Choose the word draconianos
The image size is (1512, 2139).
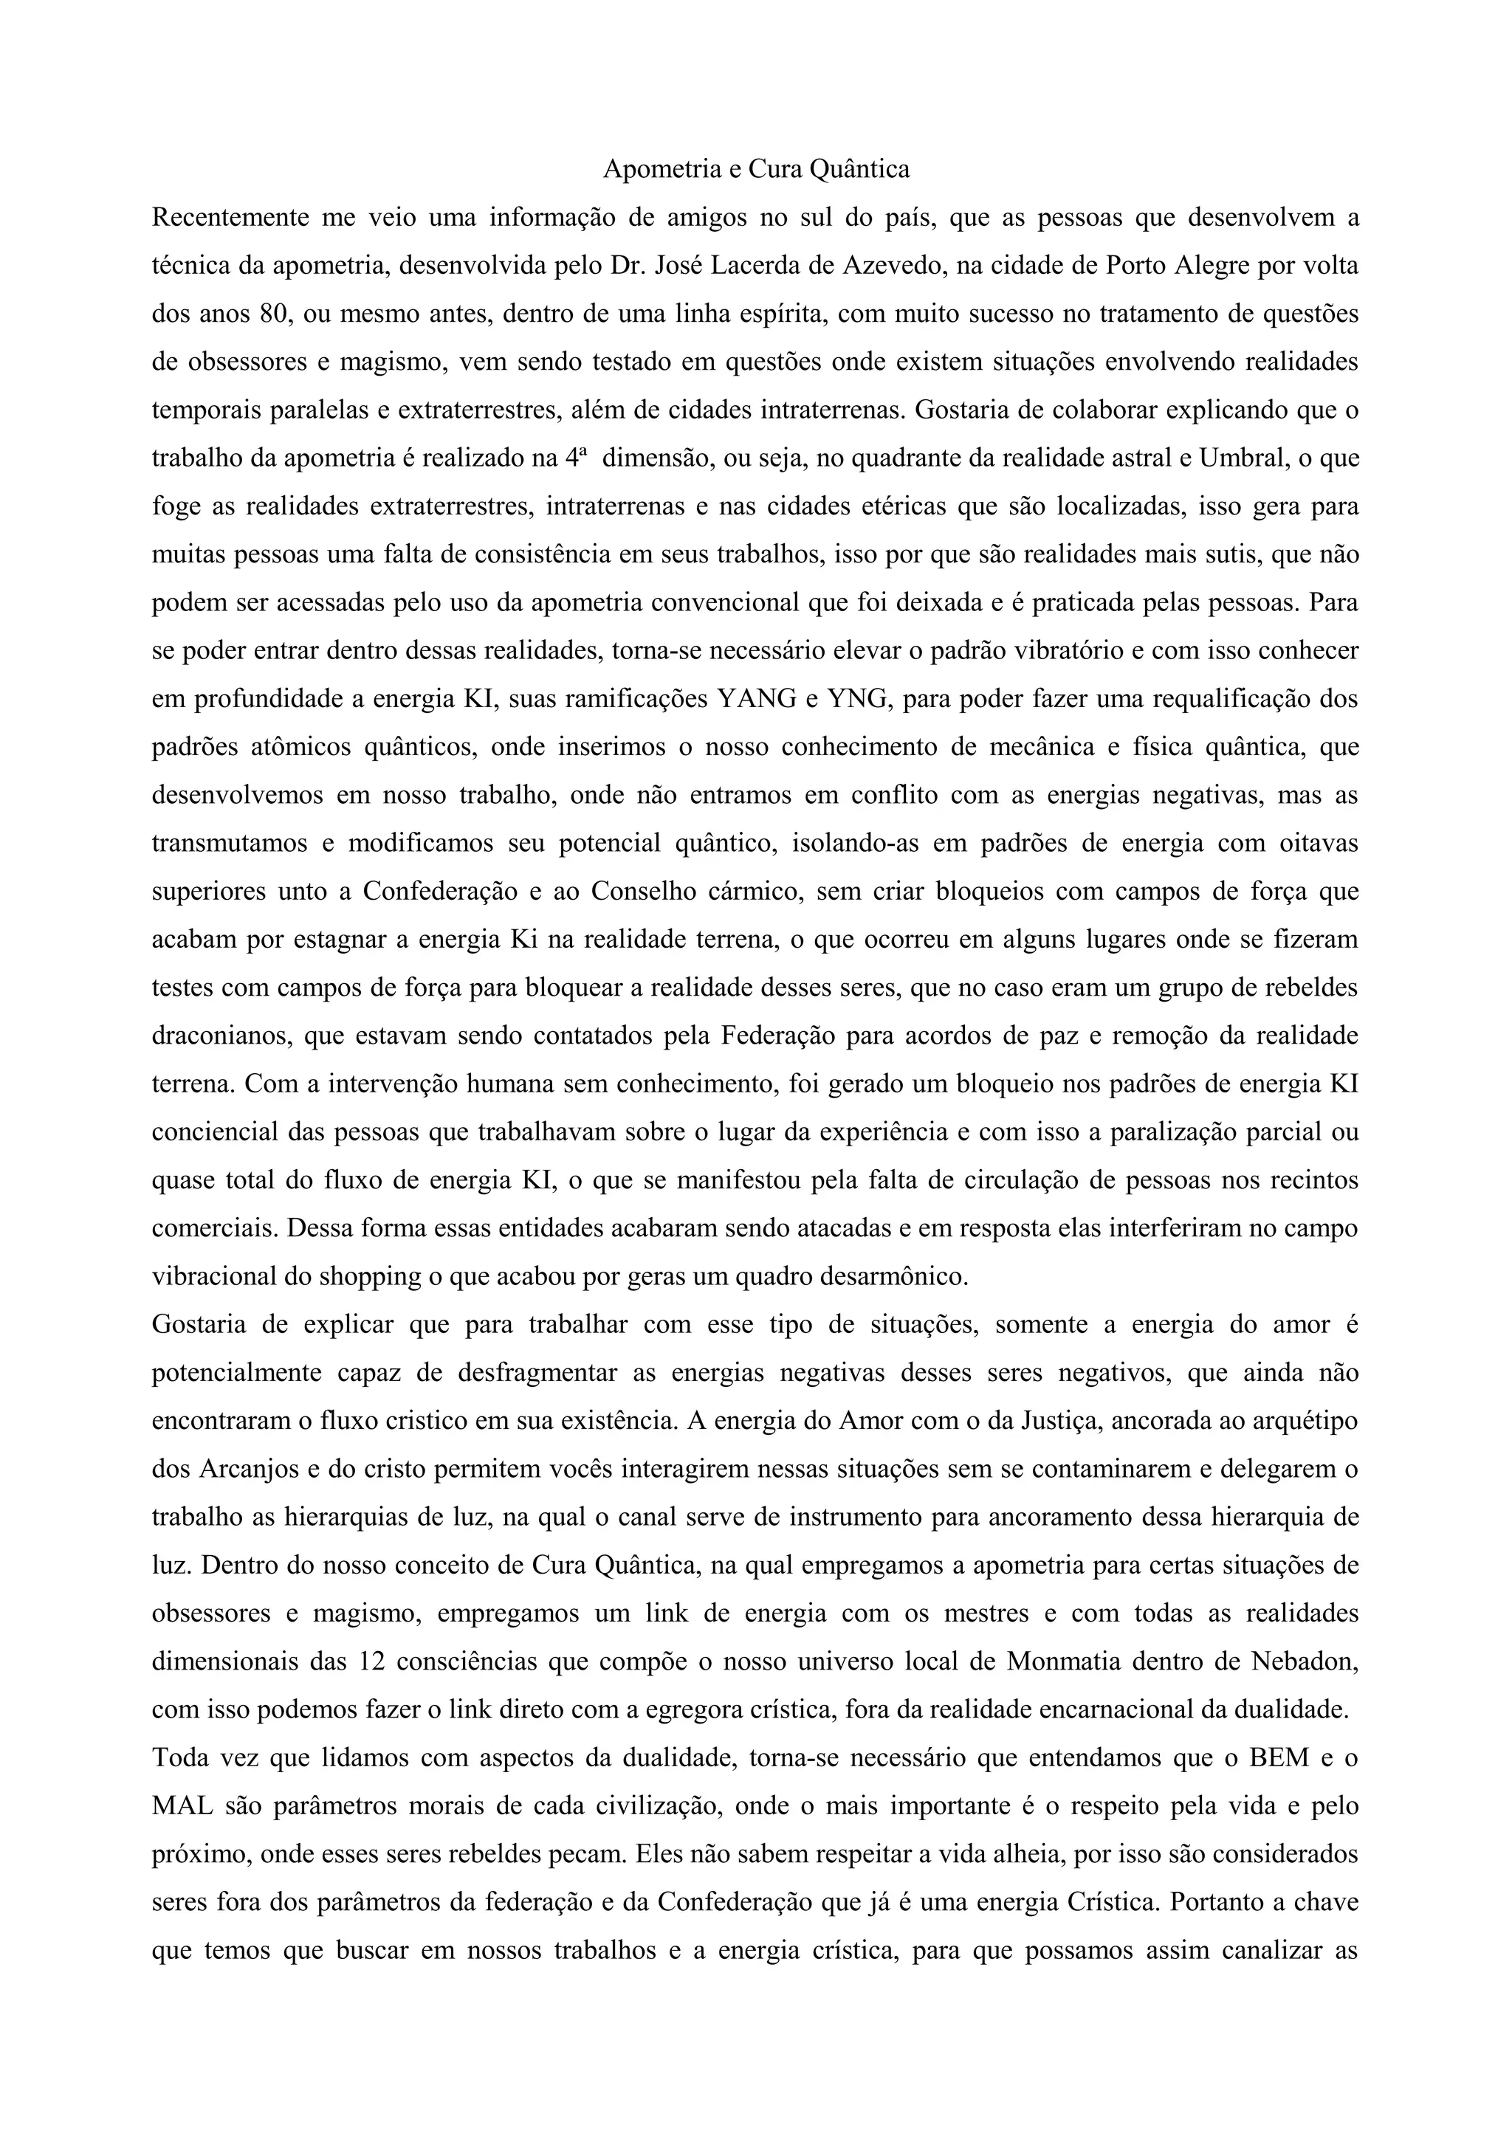(215, 1035)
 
